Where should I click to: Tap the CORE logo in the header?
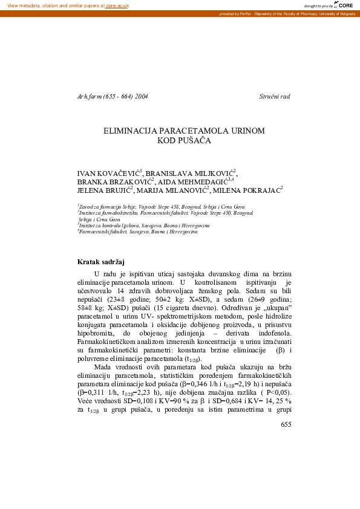pyautogui.click(x=345, y=5)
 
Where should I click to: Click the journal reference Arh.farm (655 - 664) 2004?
pyautogui.click(x=113, y=96)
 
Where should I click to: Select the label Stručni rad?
pyautogui.click(x=275, y=96)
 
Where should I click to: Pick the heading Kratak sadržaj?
pyautogui.click(x=100, y=262)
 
